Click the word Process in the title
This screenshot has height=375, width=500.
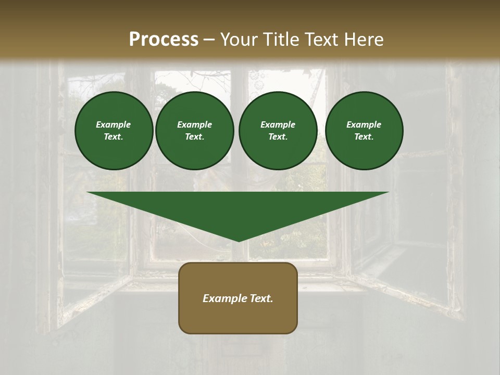[x=164, y=40]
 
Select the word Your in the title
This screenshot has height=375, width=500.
[x=240, y=40]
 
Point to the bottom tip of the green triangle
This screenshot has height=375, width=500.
[x=238, y=241]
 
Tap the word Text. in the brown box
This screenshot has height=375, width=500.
[x=261, y=298]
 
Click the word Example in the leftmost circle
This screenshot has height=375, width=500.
[x=114, y=124]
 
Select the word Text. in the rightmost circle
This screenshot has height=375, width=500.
[x=364, y=136]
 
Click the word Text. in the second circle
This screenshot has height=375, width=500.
[x=195, y=136]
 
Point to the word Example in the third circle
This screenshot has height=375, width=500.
[x=278, y=124]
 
